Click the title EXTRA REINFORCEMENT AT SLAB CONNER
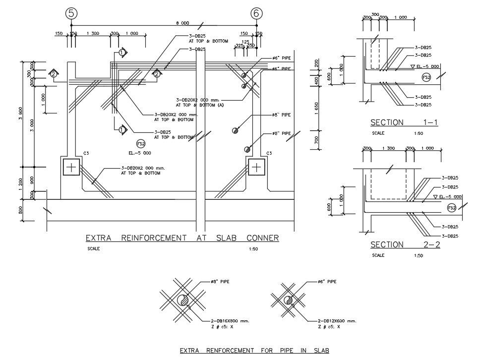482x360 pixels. [182, 239]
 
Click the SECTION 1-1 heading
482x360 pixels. [405, 122]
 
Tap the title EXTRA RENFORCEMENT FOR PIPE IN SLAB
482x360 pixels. [254, 350]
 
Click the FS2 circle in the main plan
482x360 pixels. [141, 144]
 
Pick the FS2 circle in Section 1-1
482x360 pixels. [425, 77]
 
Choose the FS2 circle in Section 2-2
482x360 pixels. [451, 208]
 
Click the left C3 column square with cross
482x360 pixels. [71, 167]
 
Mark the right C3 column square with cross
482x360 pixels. [256, 167]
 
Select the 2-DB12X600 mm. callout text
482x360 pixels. [337, 321]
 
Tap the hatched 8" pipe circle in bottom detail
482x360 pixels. [182, 300]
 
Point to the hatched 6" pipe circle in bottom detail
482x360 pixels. [288, 300]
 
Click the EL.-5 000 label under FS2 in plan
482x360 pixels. [141, 153]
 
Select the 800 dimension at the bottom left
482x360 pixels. [20, 210]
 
